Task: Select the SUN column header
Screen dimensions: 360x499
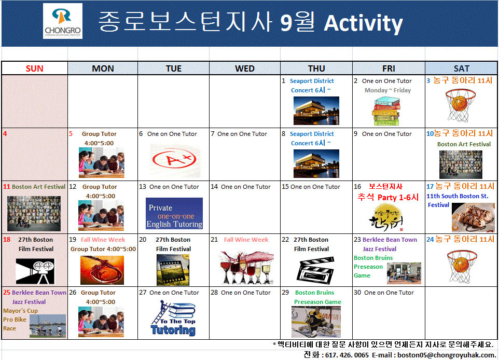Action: (35, 68)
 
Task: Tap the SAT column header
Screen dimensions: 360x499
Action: (461, 68)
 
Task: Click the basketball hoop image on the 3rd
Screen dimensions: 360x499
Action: (460, 105)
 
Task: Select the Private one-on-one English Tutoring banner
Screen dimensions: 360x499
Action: (174, 214)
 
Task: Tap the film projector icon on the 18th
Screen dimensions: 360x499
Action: (35, 271)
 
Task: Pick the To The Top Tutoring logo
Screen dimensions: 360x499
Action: (173, 320)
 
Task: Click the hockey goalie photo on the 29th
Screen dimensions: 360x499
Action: (316, 322)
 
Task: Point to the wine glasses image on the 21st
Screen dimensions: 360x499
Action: (246, 266)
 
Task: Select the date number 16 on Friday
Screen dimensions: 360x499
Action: (357, 187)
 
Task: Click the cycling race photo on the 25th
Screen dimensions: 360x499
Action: (48, 325)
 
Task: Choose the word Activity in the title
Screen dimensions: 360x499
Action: (363, 23)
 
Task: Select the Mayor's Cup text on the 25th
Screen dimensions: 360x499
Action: (20, 311)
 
